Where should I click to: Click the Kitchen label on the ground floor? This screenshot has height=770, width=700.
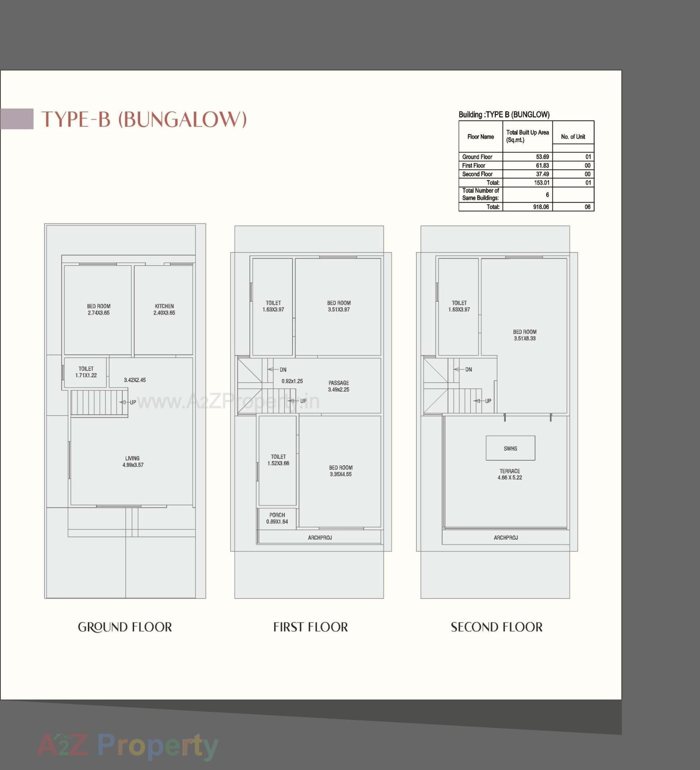click(x=164, y=306)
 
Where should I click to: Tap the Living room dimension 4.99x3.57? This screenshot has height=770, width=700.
click(x=133, y=465)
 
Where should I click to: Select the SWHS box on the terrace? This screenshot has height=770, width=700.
click(x=510, y=448)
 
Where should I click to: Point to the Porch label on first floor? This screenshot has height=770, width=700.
click(x=277, y=515)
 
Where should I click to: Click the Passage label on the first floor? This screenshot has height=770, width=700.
click(x=339, y=383)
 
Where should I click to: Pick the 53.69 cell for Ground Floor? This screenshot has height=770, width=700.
click(x=542, y=157)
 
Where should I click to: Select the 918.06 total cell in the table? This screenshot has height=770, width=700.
click(x=541, y=207)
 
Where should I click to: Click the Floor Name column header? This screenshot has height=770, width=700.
click(x=480, y=137)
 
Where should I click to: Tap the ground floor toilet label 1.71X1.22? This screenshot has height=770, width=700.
click(x=86, y=375)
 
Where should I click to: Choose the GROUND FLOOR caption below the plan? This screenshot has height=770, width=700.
click(x=125, y=627)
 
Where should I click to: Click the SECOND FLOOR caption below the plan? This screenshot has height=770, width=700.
click(x=496, y=627)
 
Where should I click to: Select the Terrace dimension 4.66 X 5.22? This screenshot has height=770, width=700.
click(x=510, y=478)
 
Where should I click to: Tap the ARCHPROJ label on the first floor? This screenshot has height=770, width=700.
click(x=320, y=538)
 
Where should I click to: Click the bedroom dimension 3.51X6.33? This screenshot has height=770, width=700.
click(x=525, y=339)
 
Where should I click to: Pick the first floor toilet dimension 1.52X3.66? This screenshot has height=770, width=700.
click(x=278, y=464)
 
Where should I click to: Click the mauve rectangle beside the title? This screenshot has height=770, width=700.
click(x=17, y=119)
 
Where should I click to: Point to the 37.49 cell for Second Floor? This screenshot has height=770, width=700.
click(x=542, y=174)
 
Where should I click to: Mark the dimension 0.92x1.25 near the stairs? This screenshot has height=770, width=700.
click(x=292, y=381)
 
